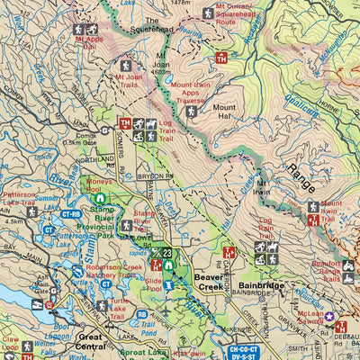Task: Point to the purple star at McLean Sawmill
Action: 329,316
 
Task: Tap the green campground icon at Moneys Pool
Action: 102,197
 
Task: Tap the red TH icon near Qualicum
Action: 221,58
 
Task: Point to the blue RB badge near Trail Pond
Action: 141,314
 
